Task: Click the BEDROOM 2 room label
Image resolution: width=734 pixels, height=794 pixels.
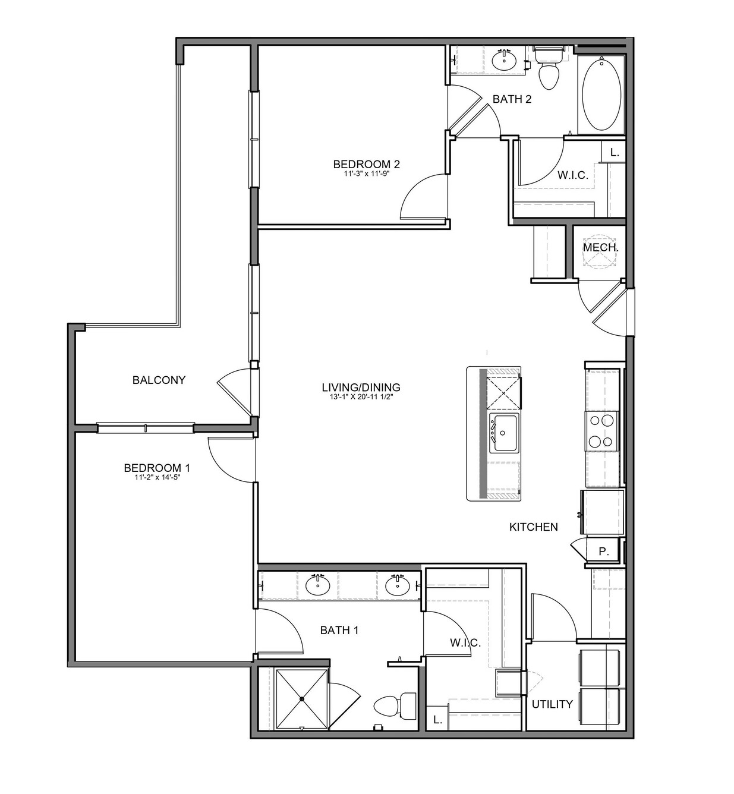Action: [x=366, y=164]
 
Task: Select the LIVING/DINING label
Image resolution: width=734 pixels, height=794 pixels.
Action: [x=361, y=387]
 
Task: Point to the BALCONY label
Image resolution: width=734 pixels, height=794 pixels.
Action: [x=159, y=380]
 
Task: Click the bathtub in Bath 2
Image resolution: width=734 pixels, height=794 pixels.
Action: [x=601, y=94]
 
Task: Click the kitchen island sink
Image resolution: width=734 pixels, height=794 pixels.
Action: [x=503, y=433]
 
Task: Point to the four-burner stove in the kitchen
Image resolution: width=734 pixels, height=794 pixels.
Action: [x=601, y=431]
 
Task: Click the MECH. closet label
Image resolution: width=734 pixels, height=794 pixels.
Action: [x=600, y=247]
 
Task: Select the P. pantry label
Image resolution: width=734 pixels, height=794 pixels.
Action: [x=604, y=552]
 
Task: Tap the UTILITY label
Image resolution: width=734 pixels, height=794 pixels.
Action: [x=552, y=704]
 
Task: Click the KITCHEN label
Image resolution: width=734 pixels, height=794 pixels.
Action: [x=533, y=527]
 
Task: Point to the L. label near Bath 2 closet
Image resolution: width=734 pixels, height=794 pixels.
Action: [x=615, y=152]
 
